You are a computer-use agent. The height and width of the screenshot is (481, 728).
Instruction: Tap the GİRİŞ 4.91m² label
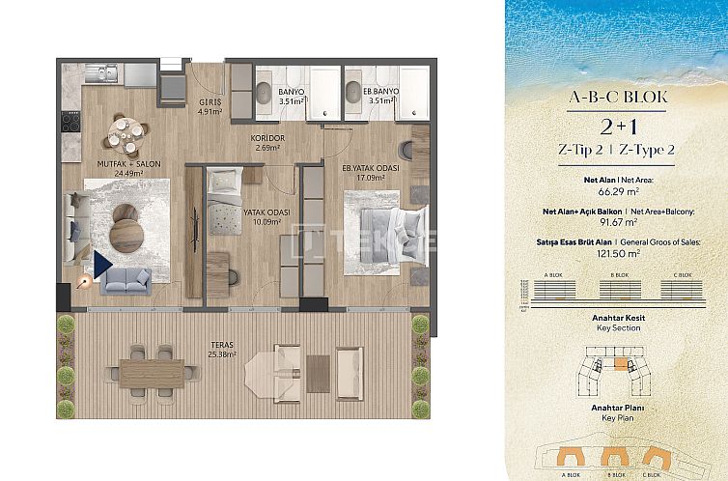point(210,106)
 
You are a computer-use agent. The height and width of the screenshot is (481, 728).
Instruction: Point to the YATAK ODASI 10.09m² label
point(261,217)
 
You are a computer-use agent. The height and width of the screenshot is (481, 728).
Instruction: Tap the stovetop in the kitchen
point(70,123)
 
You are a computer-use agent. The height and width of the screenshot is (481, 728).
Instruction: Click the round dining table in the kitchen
point(123,137)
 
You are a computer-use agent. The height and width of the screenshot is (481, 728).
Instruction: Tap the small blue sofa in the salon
point(126,280)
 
